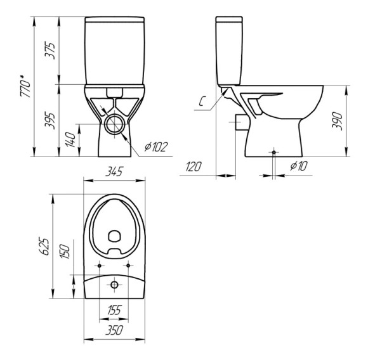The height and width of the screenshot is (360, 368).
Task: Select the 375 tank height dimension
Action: point(51,49)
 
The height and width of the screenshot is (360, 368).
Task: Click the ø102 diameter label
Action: point(155,148)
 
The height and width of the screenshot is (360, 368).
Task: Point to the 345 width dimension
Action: point(114,172)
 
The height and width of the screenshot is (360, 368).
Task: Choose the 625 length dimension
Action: point(44,245)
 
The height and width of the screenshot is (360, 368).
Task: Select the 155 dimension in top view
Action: point(114,311)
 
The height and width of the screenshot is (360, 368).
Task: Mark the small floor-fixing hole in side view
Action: point(273,152)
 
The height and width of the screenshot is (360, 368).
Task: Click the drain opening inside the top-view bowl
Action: point(115,236)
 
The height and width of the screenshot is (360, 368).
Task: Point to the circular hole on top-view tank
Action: point(115,285)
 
